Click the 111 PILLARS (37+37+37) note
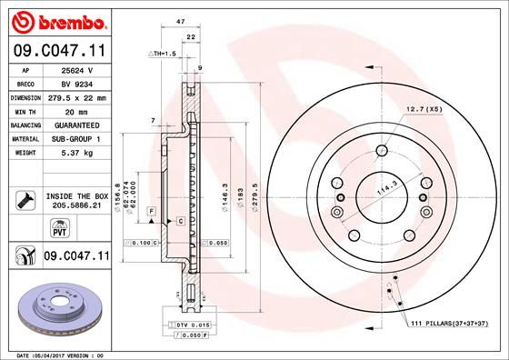(x=449, y=325)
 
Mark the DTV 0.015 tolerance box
(x=183, y=325)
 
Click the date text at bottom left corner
(x=55, y=355)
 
